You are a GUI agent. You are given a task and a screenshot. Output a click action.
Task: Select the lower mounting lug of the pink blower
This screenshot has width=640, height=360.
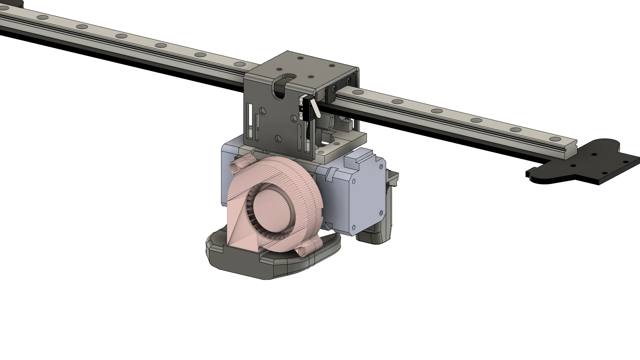coord(306,250)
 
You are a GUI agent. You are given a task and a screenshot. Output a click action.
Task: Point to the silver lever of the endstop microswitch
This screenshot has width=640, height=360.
coord(315,107)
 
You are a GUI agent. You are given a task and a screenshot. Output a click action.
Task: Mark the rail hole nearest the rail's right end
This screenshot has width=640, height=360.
coord(555,139)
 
